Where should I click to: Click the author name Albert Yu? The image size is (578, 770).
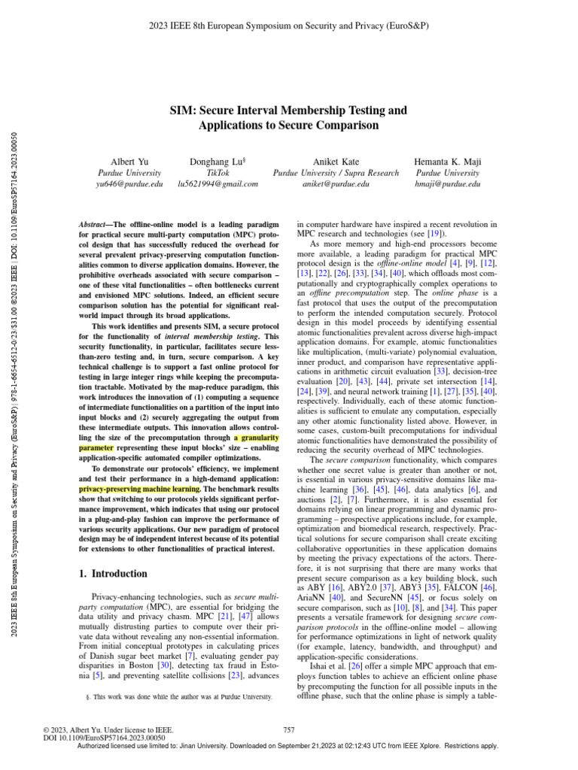126,162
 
